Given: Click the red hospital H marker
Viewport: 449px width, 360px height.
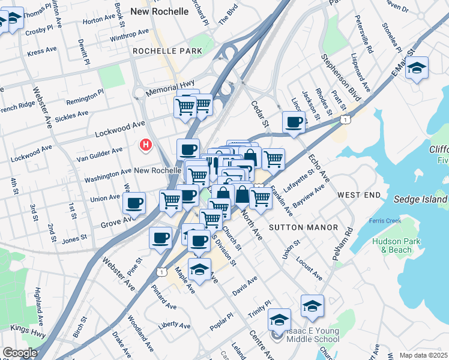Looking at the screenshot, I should tap(145, 145).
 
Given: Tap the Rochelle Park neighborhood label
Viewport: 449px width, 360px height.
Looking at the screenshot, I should tap(167, 52).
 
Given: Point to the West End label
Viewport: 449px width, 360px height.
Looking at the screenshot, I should tap(359, 195).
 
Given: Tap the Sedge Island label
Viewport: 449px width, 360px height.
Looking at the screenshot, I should tap(420, 199).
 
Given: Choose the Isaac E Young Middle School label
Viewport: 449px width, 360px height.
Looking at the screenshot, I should tap(305, 335).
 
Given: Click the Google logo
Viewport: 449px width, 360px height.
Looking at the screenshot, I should tap(20, 353).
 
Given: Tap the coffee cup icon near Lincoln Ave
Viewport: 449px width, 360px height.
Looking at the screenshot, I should tap(294, 122).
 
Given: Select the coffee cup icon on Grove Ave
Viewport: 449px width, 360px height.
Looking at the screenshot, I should tap(134, 203).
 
